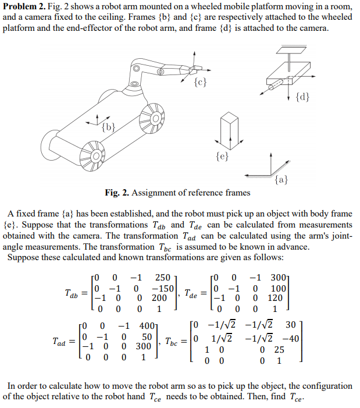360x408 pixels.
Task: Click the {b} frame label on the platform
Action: pyautogui.click(x=108, y=126)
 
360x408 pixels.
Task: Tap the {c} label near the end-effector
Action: pyautogui.click(x=200, y=82)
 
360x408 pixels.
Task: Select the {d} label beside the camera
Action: pyautogui.click(x=303, y=96)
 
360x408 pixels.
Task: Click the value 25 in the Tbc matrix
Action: pyautogui.click(x=279, y=349)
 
